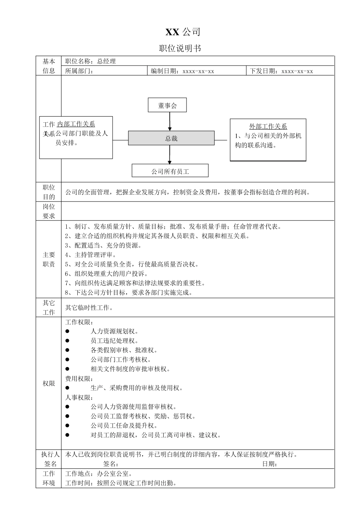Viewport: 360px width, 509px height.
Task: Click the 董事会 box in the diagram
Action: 167,105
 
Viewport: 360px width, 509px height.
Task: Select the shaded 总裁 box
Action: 171,138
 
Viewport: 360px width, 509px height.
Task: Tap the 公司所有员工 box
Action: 170,171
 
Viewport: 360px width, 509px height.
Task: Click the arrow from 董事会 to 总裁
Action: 170,122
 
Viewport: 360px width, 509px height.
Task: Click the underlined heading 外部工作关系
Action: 268,126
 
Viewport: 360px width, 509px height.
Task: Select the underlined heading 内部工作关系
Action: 76,124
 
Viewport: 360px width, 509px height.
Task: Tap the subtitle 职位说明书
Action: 180,48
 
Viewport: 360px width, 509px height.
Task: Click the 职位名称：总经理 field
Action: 91,61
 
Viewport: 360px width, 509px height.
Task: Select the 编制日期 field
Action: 182,71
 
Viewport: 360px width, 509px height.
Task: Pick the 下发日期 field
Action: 282,71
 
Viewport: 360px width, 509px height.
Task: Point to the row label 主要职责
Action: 49,259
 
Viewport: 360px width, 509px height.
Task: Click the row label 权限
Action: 49,383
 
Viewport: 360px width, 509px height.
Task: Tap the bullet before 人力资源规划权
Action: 67,331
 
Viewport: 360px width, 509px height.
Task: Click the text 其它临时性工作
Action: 89,308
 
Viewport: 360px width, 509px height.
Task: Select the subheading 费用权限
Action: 79,378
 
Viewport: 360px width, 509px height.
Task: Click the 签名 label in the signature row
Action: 111,464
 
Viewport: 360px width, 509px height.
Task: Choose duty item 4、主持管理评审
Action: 91,255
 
